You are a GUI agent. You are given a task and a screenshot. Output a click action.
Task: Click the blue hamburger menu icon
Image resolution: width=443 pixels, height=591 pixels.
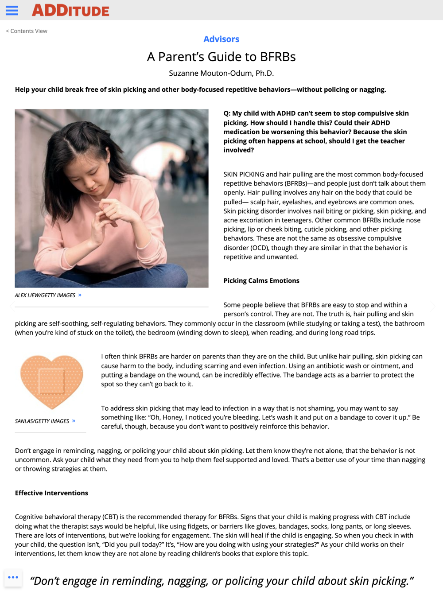point(12,11)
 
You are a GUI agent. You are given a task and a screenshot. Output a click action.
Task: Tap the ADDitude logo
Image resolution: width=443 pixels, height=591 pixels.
point(70,11)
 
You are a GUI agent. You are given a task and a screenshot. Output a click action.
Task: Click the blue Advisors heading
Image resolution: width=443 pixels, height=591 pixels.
point(221,39)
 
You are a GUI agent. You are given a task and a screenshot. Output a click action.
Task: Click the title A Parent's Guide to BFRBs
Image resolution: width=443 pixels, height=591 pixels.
point(221,57)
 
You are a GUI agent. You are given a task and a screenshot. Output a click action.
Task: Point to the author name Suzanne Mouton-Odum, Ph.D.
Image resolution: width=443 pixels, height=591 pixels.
point(221,73)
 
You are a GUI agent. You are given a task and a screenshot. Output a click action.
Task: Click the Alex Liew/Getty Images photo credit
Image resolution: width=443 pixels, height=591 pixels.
point(45,295)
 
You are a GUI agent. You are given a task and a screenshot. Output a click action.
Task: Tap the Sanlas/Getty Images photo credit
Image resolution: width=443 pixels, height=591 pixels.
point(42,421)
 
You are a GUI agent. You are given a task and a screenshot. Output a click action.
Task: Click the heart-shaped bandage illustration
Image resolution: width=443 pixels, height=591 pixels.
point(51,381)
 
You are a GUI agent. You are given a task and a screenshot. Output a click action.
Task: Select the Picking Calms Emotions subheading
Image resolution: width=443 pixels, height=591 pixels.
point(261,280)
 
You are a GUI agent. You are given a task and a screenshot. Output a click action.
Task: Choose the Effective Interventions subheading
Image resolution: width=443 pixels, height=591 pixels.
point(51,493)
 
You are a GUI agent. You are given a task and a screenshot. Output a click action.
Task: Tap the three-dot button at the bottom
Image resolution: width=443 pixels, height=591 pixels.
point(13,578)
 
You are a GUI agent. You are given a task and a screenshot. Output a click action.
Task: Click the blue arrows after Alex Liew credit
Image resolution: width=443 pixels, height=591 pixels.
point(80,295)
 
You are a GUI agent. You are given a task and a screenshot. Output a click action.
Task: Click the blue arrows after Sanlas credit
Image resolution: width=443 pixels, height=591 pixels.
point(74,421)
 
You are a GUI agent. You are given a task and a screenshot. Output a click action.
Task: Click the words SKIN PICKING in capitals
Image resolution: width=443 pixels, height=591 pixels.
point(244,174)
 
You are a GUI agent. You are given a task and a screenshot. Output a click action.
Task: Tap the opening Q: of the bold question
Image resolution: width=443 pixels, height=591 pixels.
point(227,113)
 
